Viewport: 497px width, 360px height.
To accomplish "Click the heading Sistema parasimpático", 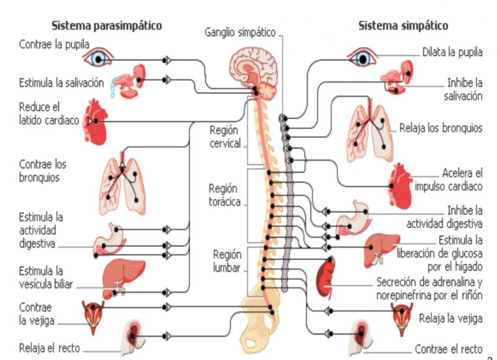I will point(106,26).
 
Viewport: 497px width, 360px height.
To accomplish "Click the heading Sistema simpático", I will point(403,26).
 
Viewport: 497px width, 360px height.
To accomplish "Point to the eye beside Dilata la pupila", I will point(363,58).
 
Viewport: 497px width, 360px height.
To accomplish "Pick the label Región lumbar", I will point(226,262).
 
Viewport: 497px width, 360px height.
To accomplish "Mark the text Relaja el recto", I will point(50,347).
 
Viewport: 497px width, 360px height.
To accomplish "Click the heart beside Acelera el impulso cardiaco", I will point(400,186).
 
